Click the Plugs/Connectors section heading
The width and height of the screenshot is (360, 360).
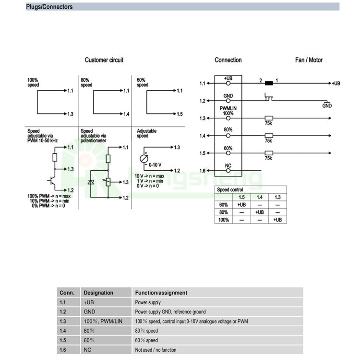click(49, 7)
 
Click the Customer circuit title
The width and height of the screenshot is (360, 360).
click(104, 60)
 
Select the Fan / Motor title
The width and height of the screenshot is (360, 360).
click(309, 60)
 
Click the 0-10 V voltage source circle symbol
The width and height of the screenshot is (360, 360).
click(144, 159)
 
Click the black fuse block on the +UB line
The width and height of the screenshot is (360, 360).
click(269, 83)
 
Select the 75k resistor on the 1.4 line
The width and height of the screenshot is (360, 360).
click(269, 136)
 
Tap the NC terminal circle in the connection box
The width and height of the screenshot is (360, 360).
click(228, 171)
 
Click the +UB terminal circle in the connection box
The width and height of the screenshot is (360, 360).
click(228, 83)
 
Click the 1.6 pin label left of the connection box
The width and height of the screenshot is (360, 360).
click(202, 171)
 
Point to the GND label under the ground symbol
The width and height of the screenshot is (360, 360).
click(327, 106)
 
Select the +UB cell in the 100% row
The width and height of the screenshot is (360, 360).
click(277, 220)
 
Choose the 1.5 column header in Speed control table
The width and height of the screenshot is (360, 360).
click(241, 197)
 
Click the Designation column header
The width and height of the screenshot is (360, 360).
click(98, 292)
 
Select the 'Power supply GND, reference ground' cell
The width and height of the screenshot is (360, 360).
click(170, 312)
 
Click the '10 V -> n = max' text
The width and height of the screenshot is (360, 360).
click(149, 176)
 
